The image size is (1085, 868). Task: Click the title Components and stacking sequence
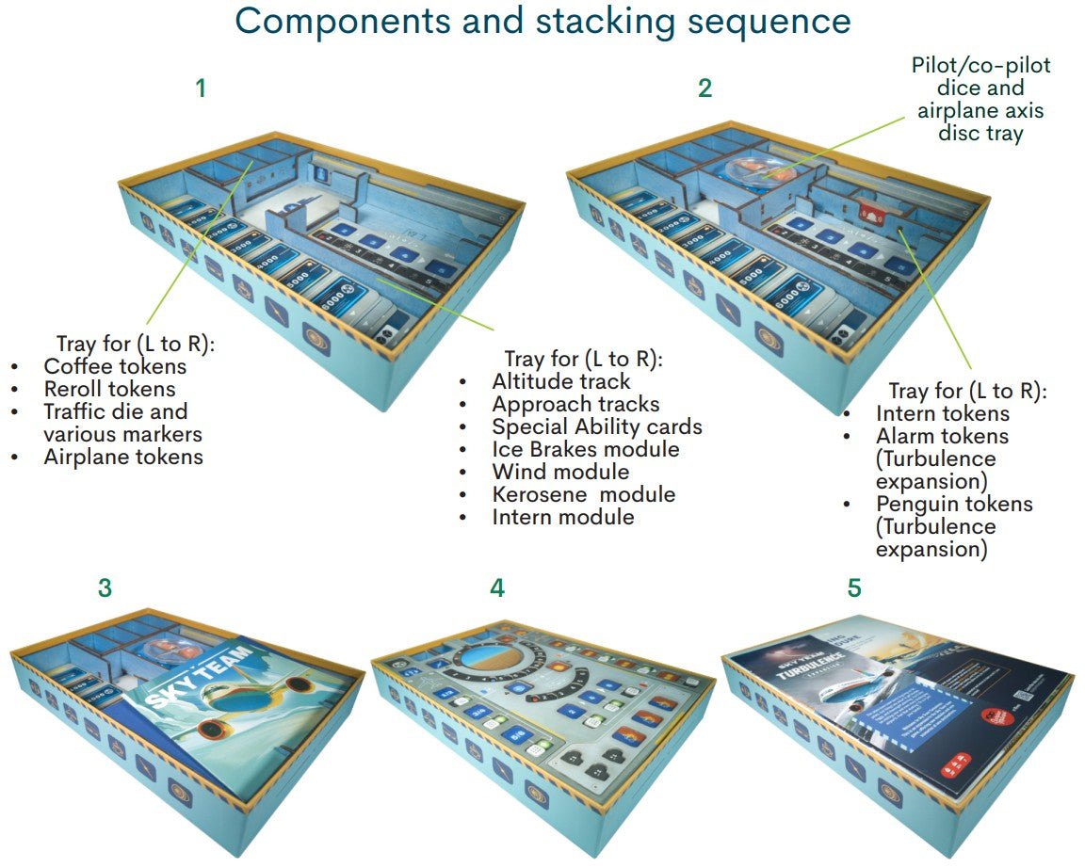(542, 21)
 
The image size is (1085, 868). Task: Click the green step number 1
(200, 88)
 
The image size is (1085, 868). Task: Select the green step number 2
(704, 88)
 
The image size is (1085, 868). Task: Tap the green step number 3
(105, 588)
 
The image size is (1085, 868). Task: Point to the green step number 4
(496, 588)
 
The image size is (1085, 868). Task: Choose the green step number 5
(853, 588)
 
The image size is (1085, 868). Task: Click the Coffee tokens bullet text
(115, 366)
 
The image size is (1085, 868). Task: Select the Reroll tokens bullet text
(109, 389)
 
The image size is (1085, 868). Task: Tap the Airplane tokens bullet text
(123, 457)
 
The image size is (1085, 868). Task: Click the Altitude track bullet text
(561, 381)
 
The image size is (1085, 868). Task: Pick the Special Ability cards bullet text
(597, 426)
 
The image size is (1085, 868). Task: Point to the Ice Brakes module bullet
(585, 449)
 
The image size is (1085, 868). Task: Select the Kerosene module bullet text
(583, 494)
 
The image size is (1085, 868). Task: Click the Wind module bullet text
(560, 472)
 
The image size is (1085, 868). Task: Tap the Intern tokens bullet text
(942, 413)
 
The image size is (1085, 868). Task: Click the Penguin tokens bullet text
(954, 504)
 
